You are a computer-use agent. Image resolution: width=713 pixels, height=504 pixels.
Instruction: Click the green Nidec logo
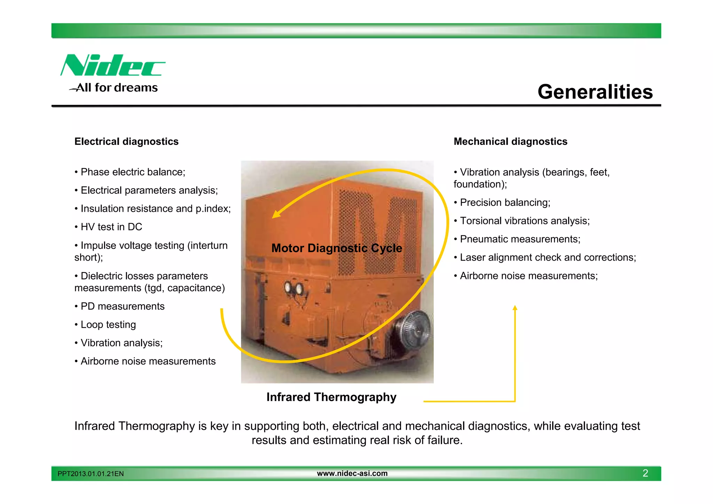(x=112, y=65)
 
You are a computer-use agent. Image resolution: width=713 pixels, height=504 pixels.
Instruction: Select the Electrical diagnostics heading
(x=126, y=141)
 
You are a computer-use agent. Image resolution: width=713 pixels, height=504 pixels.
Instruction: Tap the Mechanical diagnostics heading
(x=510, y=141)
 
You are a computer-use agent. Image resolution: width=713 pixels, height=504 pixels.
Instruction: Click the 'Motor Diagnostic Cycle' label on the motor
(x=337, y=248)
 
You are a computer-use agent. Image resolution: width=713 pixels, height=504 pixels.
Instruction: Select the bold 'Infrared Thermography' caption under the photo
(x=331, y=397)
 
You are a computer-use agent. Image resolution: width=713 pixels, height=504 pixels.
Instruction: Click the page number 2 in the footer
(x=645, y=473)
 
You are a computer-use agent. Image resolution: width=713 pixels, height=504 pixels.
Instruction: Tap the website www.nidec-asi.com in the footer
(x=352, y=473)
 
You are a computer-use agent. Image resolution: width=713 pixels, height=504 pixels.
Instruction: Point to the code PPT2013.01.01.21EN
(x=91, y=474)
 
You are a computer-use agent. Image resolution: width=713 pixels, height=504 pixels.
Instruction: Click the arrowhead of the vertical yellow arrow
(x=515, y=308)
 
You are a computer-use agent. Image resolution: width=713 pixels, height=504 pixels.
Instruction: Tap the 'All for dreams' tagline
(x=117, y=87)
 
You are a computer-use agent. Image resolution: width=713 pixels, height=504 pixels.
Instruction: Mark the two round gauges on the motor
(x=294, y=288)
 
